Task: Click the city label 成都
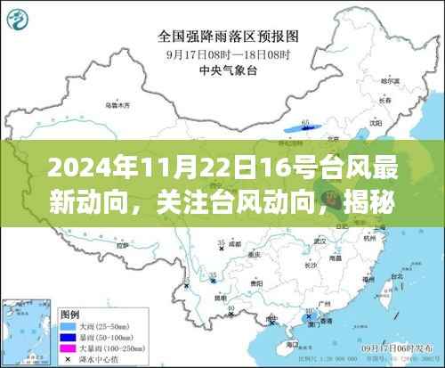(x=234, y=241)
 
